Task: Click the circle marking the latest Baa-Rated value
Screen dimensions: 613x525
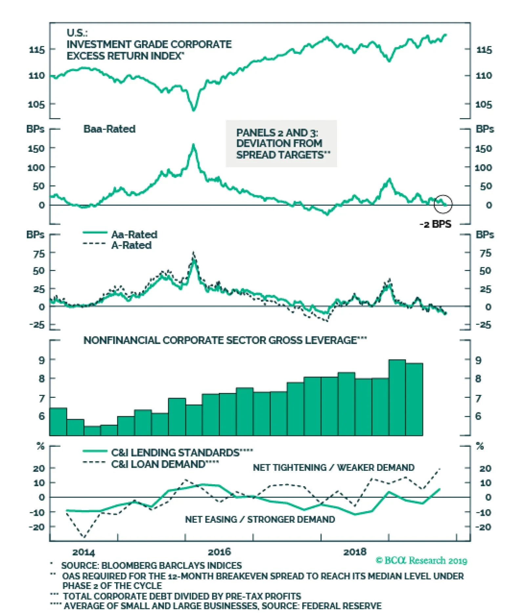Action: [443, 204]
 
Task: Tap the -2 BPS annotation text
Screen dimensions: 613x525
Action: [435, 224]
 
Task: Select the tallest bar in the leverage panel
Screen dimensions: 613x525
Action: [397, 397]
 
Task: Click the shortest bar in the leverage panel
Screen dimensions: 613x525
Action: [92, 431]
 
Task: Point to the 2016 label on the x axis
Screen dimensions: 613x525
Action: [219, 552]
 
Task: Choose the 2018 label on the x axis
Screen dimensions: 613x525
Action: [355, 552]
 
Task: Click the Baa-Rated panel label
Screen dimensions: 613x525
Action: [109, 129]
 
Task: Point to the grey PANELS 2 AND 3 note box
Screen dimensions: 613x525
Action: [281, 144]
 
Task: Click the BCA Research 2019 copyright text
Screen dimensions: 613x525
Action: [421, 560]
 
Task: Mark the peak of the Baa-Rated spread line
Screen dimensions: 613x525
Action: [194, 145]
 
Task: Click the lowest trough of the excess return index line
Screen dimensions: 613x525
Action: [194, 110]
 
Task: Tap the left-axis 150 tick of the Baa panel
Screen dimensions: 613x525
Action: [36, 148]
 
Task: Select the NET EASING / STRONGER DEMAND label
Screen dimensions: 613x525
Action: [260, 519]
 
